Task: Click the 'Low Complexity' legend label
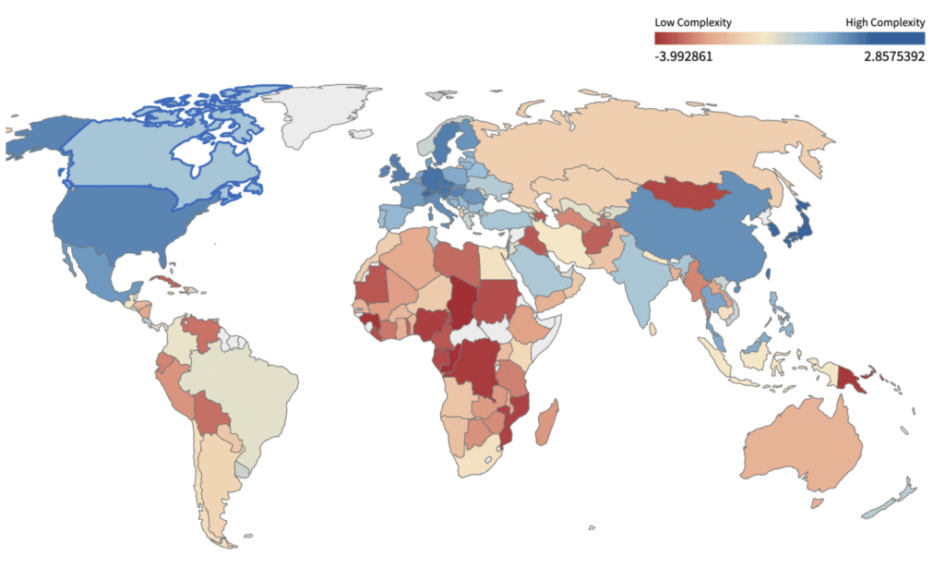693,21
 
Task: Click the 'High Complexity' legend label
885,21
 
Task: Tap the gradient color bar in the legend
789,38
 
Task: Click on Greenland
318,115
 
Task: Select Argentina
217,480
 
